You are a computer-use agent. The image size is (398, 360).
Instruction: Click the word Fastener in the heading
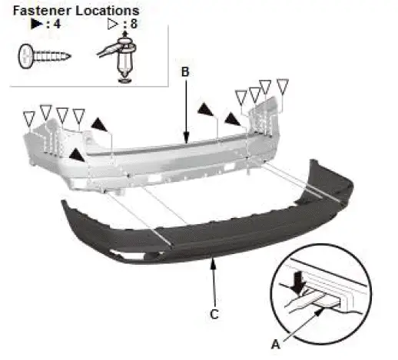click(x=42, y=11)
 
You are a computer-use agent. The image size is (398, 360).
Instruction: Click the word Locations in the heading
click(x=108, y=11)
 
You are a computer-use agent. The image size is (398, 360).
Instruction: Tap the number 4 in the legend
click(x=57, y=24)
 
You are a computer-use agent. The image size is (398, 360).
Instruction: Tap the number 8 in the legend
click(x=134, y=24)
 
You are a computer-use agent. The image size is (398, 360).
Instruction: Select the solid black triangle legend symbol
click(x=37, y=24)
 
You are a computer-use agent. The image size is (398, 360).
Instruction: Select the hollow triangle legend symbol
click(x=113, y=24)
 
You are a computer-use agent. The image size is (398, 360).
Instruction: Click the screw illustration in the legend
click(x=45, y=56)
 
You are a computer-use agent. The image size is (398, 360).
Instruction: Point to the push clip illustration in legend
click(x=121, y=58)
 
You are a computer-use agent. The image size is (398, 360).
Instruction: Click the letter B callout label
click(x=185, y=72)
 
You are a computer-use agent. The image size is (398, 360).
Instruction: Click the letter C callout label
click(x=214, y=314)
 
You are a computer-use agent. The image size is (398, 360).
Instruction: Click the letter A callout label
click(x=276, y=345)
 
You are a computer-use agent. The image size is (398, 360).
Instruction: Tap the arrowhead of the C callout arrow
click(x=213, y=263)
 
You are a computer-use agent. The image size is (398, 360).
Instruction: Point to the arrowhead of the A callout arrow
click(x=319, y=312)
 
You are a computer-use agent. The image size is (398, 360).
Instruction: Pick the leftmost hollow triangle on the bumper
click(x=29, y=118)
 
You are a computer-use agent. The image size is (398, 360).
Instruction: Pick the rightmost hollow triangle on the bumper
click(x=283, y=86)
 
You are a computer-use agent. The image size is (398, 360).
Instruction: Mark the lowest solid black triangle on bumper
click(x=77, y=155)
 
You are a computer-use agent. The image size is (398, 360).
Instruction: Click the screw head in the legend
click(x=25, y=56)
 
